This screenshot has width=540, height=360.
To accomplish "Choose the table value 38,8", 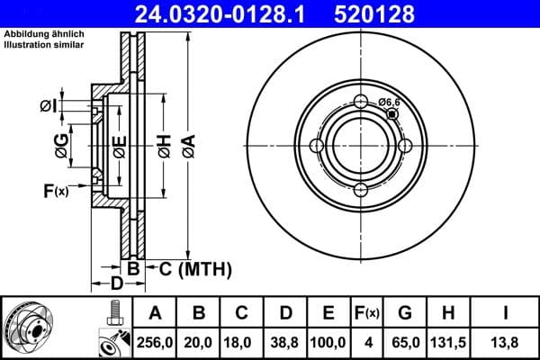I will point(284,342).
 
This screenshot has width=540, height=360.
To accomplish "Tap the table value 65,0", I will point(405,342).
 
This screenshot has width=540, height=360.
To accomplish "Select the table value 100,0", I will point(328,342).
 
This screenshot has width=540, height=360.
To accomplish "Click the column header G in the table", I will point(405,313).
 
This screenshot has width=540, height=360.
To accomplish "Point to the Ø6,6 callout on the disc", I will point(390,103).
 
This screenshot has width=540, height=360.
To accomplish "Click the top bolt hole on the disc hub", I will point(360,102).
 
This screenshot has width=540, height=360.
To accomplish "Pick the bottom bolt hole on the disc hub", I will point(360,188).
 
